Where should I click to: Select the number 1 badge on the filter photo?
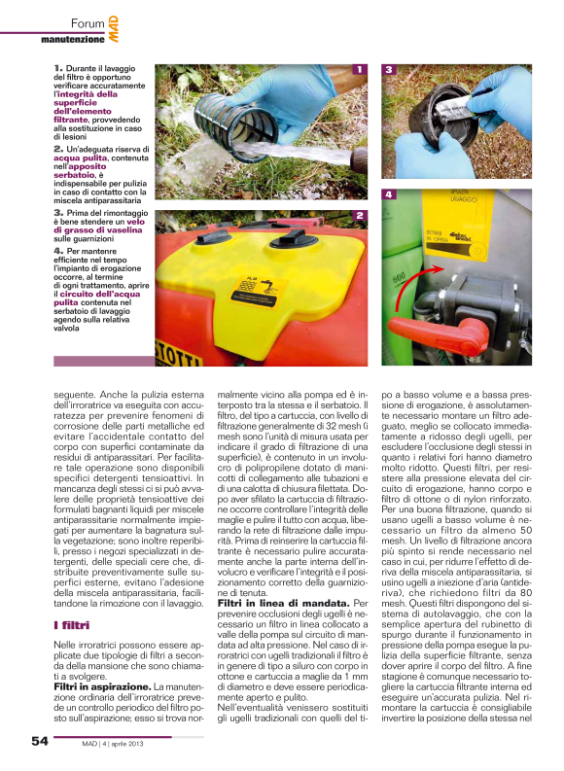pos(360,70)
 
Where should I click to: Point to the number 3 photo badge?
pos(389,70)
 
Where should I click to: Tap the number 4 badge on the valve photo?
pos(389,194)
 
